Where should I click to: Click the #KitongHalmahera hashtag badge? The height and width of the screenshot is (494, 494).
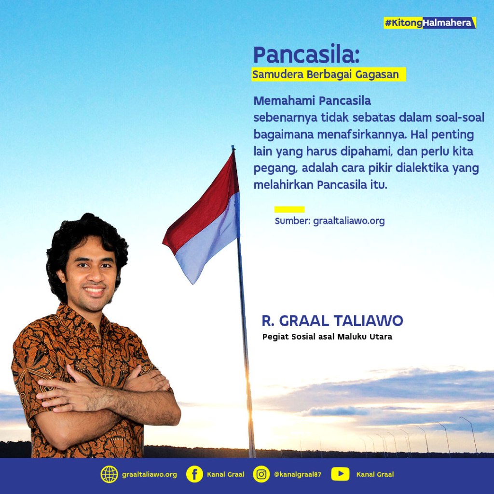pyautogui.click(x=430, y=23)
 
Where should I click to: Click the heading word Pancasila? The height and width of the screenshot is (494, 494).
pyautogui.click(x=306, y=55)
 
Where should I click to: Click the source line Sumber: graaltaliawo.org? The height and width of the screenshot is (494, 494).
pyautogui.click(x=329, y=221)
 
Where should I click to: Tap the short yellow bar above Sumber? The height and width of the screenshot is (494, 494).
pyautogui.click(x=289, y=209)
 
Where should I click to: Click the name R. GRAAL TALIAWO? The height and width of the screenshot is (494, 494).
pyautogui.click(x=332, y=320)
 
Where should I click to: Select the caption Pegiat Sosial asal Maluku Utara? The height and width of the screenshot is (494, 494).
pyautogui.click(x=327, y=337)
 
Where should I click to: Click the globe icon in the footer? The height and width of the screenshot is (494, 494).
pyautogui.click(x=110, y=474)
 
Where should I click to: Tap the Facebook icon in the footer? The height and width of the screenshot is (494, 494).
pyautogui.click(x=194, y=474)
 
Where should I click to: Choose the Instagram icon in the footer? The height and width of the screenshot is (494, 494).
pyautogui.click(x=261, y=474)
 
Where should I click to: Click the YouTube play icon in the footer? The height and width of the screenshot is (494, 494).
pyautogui.click(x=340, y=474)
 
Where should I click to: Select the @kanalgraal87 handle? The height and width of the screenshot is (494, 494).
pyautogui.click(x=297, y=475)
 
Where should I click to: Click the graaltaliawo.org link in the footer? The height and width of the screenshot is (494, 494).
pyautogui.click(x=150, y=475)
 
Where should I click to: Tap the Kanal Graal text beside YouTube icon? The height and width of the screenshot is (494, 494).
pyautogui.click(x=375, y=475)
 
